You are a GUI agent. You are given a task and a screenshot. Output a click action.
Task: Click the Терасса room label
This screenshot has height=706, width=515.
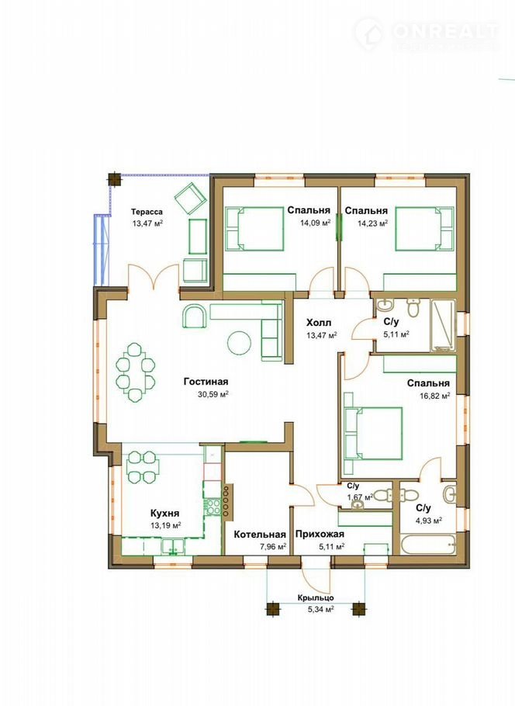tap(147, 212)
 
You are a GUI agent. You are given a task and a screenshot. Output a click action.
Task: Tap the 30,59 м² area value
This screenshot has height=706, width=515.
tap(213, 393)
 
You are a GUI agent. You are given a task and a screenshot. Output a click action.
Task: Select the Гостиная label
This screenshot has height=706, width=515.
tap(206, 382)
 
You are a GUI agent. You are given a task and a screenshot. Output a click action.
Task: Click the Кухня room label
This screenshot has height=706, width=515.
tap(164, 514)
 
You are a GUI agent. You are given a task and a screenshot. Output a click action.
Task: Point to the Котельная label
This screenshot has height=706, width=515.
tap(260, 535)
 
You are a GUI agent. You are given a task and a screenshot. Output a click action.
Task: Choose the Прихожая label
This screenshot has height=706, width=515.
tap(320, 535)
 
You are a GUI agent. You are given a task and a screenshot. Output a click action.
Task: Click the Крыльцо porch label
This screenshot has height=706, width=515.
tap(316, 598)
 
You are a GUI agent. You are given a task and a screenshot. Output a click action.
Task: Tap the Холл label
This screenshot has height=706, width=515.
tap(319, 323)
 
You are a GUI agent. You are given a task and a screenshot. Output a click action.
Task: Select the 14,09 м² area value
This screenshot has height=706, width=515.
tap(316, 222)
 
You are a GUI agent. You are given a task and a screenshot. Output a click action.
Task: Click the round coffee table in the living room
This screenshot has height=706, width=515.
tap(239, 344)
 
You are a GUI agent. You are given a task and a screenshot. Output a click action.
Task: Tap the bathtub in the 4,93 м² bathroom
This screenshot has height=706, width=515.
tap(428, 545)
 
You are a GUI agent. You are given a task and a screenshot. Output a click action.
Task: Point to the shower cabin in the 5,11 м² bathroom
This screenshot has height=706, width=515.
tap(444, 324)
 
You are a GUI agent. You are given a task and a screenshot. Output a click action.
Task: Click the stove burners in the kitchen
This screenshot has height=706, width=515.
tap(213, 507)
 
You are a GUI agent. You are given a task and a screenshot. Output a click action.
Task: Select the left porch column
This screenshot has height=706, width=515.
tap(272, 609)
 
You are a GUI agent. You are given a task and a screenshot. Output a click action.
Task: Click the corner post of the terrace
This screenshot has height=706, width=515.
tap(115, 179)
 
